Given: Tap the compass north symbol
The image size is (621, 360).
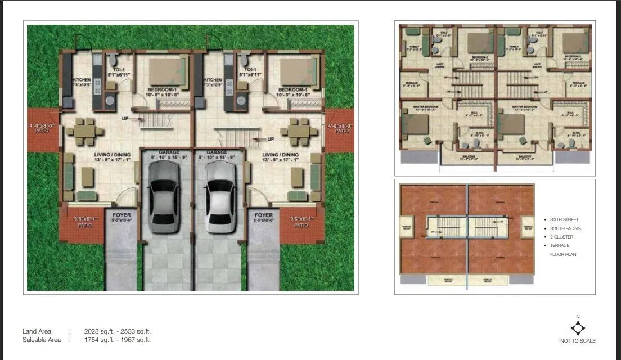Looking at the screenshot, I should click(578, 327).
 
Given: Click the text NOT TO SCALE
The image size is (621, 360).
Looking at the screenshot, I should click(578, 341).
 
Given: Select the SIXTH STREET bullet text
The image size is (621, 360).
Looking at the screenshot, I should click(564, 219).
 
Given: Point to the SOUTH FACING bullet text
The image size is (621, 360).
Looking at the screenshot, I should click(565, 228).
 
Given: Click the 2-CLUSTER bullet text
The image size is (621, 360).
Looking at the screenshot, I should click(562, 237).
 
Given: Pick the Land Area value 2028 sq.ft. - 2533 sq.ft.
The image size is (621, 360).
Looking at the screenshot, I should click(118, 332).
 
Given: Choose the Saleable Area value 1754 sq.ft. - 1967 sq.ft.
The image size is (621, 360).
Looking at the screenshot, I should click(118, 340).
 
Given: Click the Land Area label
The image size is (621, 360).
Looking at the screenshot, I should click(37, 332).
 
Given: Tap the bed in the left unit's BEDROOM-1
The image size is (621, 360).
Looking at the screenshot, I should click(167, 72).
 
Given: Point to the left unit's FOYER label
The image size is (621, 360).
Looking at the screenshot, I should click(121, 215).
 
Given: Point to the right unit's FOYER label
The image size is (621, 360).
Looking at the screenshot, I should click(263, 215).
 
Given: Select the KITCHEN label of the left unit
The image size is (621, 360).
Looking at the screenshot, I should click(81, 80).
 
